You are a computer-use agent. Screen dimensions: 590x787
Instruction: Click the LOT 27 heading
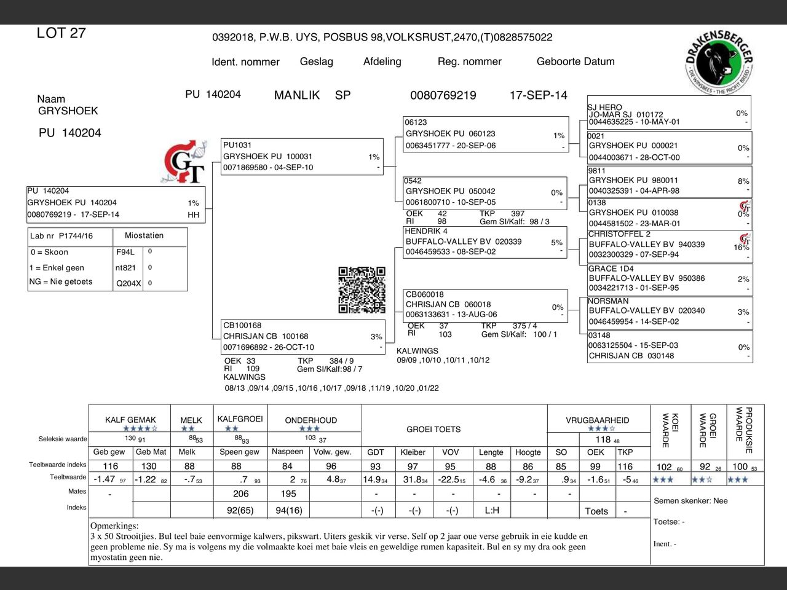61,33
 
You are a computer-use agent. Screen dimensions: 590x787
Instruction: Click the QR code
362,289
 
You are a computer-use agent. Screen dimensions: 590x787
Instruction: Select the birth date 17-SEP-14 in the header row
538,95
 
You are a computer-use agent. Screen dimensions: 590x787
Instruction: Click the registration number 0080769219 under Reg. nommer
443,95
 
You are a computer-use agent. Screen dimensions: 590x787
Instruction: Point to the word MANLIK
297,95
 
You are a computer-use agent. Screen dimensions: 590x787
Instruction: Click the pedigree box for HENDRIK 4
484,242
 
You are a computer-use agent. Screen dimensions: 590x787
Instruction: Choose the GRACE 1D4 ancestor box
669,278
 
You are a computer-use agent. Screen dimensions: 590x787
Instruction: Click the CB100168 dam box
303,337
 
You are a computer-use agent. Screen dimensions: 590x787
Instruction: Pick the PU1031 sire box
302,157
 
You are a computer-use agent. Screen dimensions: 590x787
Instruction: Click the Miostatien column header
144,235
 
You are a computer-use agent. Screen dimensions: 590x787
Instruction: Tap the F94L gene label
125,252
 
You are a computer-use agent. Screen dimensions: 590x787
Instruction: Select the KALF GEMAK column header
130,420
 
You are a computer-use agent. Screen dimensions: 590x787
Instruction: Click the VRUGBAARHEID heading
598,420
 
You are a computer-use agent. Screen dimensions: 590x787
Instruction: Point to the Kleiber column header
413,452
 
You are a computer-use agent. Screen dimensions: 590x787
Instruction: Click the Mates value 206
241,494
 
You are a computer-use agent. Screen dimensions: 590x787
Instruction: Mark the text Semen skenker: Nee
690,501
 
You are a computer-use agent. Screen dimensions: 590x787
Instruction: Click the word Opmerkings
114,526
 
